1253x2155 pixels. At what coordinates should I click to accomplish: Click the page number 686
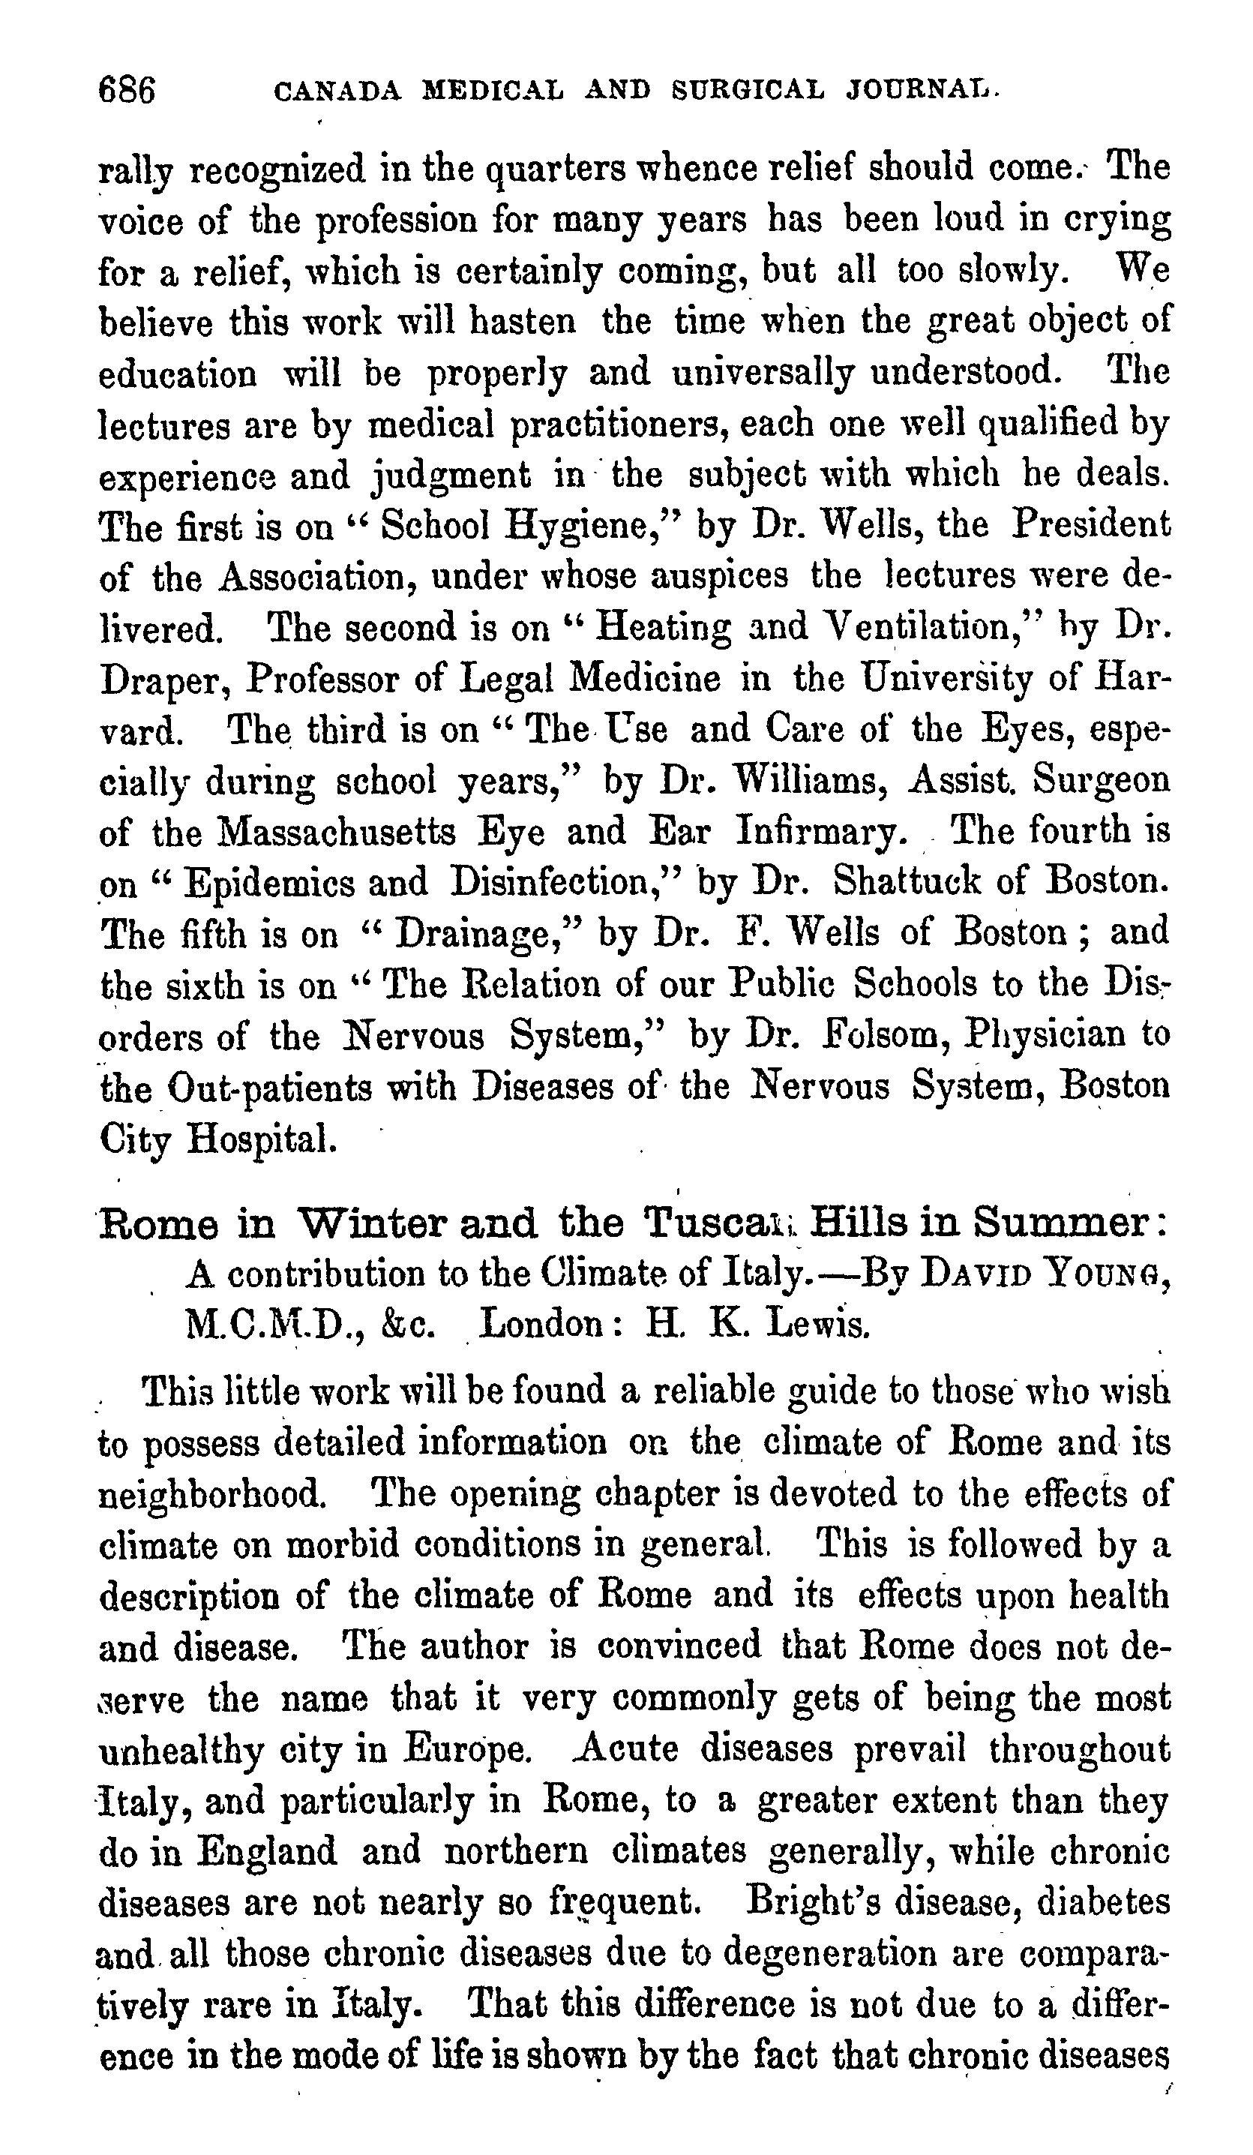point(127,89)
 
